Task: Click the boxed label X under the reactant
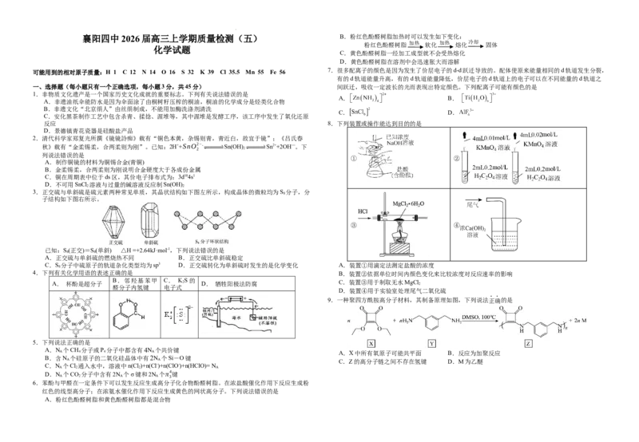371,342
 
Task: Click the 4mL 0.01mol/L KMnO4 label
489,142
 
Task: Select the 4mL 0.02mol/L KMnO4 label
545,141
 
